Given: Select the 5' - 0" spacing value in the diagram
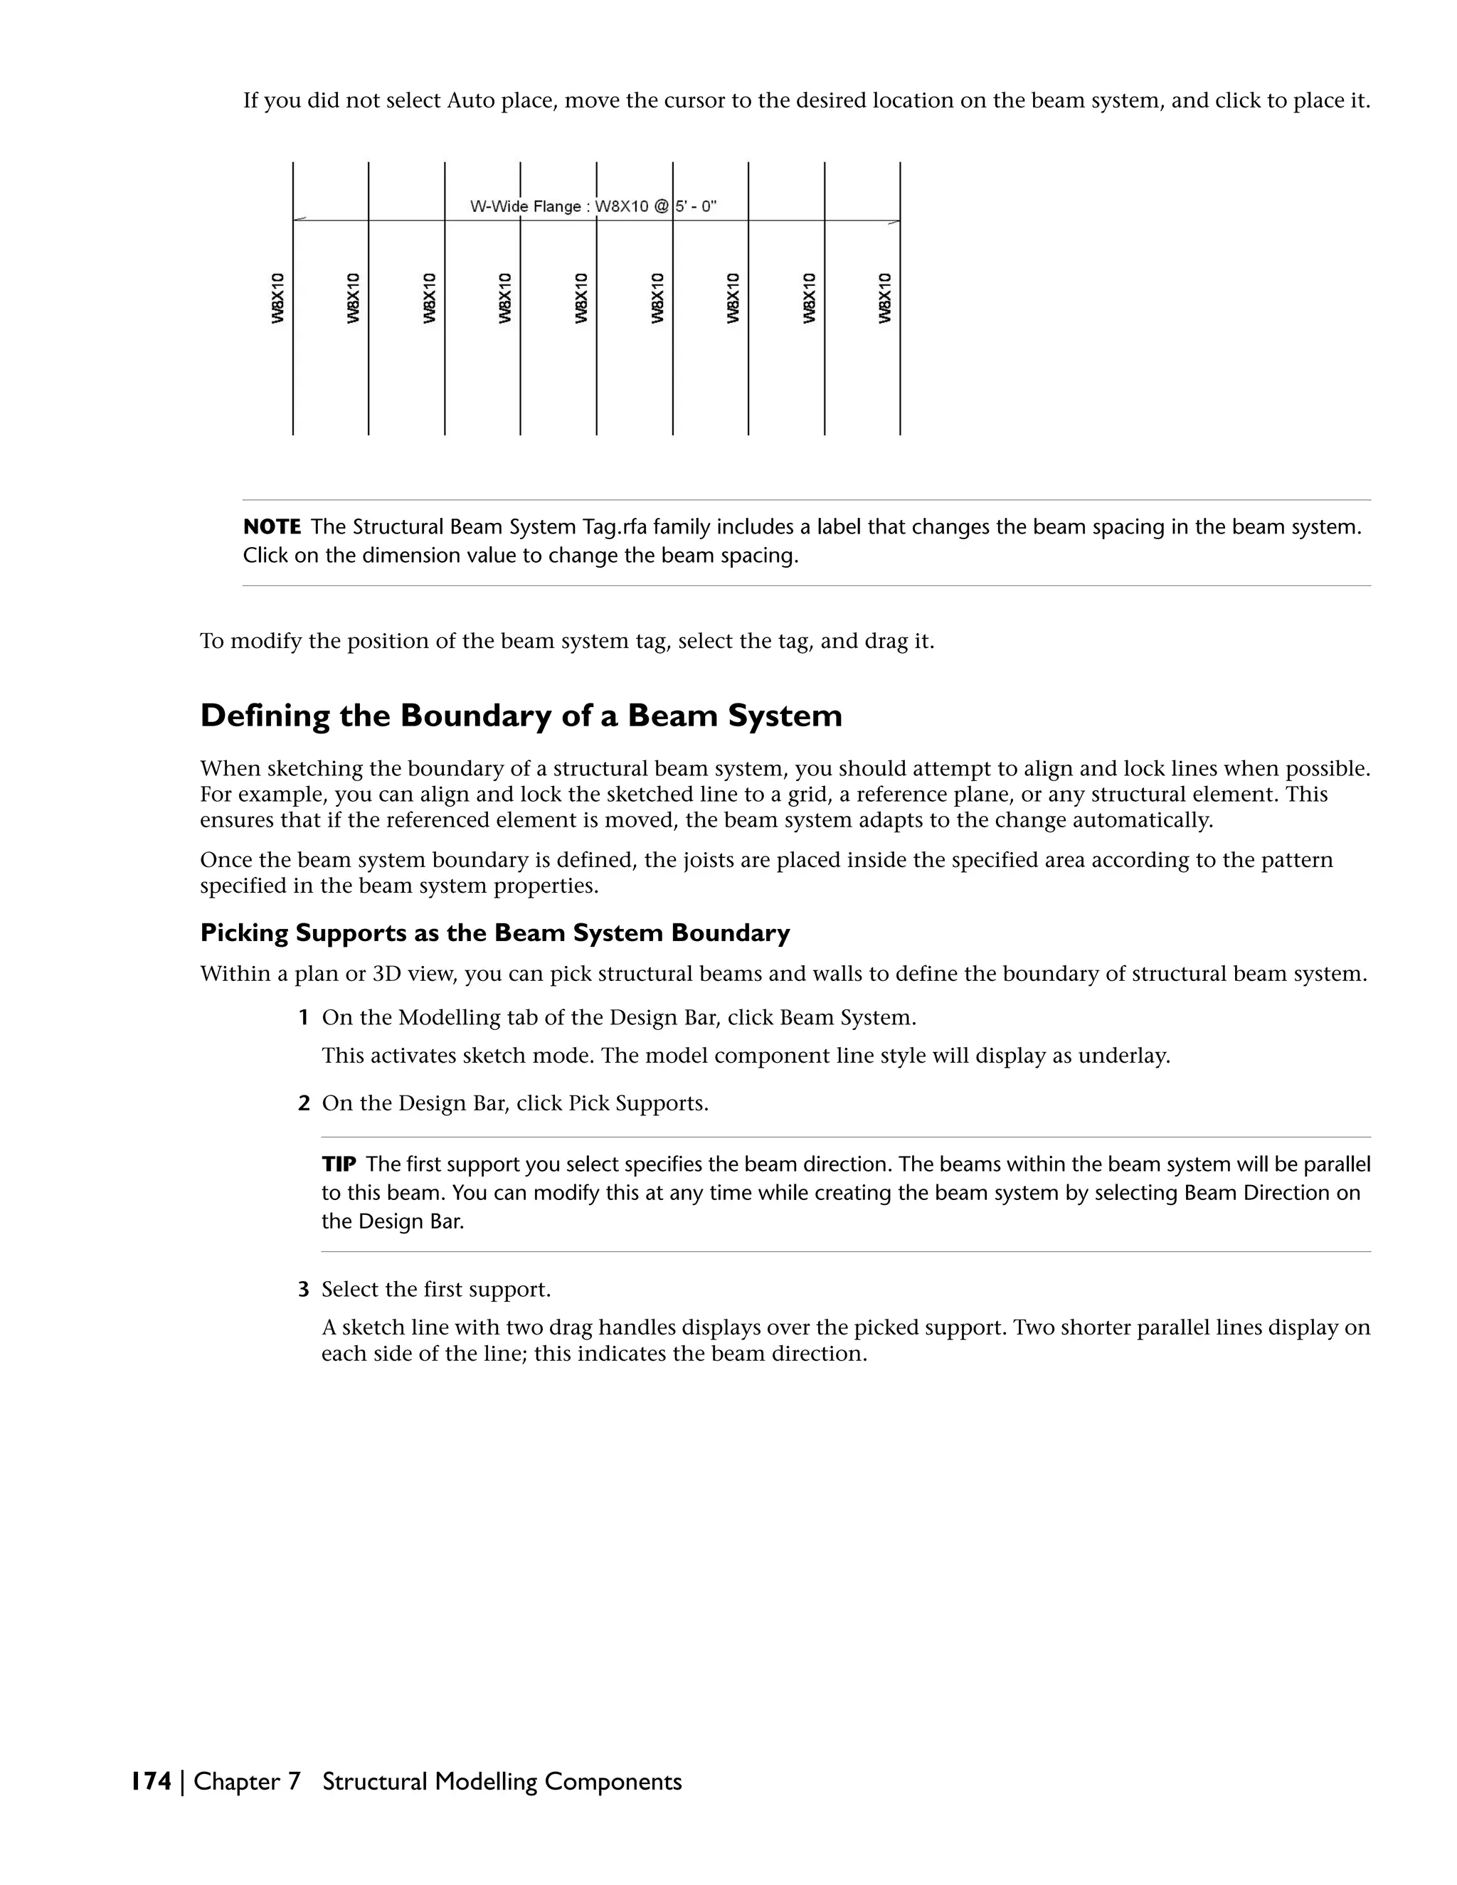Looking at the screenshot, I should pyautogui.click(x=696, y=206).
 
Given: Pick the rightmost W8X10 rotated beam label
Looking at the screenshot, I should pyautogui.click(x=885, y=298).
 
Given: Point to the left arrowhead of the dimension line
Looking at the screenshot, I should pyautogui.click(x=299, y=220).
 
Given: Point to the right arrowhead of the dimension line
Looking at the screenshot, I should pyautogui.click(x=894, y=222).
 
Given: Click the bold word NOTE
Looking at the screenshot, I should pyautogui.click(x=272, y=526).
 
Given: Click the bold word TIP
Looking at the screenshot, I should pyautogui.click(x=339, y=1164).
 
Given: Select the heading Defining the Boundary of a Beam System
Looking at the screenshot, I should pyautogui.click(x=521, y=716).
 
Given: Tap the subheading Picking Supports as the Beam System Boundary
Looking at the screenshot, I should pyautogui.click(x=494, y=933).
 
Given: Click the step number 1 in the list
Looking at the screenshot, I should pyautogui.click(x=303, y=1018).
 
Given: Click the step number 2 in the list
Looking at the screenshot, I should pyautogui.click(x=303, y=1104).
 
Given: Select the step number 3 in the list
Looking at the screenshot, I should pyautogui.click(x=303, y=1290).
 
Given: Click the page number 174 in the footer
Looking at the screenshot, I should pyautogui.click(x=151, y=1781).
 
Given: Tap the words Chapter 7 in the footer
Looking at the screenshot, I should pyautogui.click(x=247, y=1781).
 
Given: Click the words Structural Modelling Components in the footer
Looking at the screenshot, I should pyautogui.click(x=502, y=1781).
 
